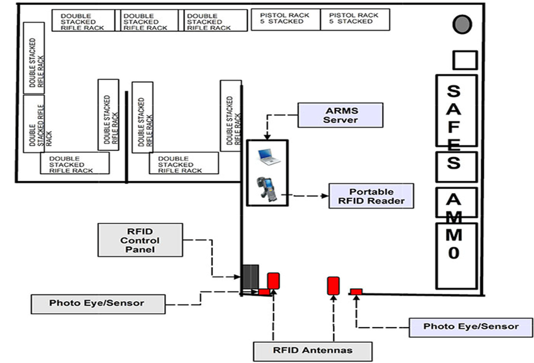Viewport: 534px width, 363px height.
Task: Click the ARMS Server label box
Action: (340, 115)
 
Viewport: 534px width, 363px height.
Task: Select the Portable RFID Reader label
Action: (371, 197)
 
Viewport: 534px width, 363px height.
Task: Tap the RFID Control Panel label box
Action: (140, 240)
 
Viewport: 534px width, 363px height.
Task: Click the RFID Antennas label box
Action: (312, 350)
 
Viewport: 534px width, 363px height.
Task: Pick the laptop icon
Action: (267, 155)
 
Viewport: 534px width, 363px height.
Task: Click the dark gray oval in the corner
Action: (462, 23)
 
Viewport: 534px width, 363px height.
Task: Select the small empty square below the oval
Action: (464, 60)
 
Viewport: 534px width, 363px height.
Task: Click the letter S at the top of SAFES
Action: (454, 92)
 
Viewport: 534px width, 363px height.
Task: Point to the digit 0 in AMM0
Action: (453, 252)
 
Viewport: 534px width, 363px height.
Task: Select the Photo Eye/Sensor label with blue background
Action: (470, 327)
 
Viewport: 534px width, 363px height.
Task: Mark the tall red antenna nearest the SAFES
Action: (333, 285)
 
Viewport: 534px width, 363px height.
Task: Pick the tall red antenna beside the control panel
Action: (273, 281)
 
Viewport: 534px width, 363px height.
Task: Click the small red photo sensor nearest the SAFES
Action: (356, 291)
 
